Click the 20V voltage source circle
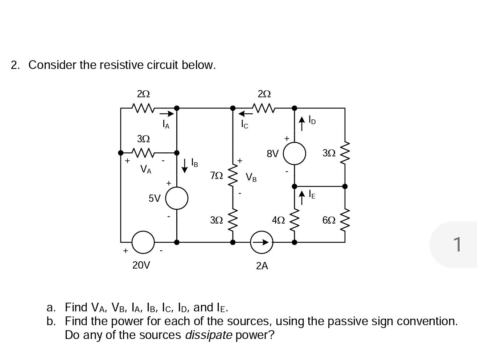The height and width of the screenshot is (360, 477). coord(143,242)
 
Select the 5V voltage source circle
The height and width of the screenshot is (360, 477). coord(177,198)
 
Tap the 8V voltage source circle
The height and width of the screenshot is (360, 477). coord(294,154)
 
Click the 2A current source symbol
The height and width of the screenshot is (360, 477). coord(262,242)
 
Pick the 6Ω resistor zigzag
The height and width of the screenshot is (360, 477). coord(345,220)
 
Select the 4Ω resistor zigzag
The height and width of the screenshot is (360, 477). coord(294,220)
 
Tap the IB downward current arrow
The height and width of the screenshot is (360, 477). coord(185,165)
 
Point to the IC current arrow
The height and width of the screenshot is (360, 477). coord(245,114)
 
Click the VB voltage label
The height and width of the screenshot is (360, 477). coord(251,177)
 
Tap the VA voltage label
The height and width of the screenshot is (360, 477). coord(146,169)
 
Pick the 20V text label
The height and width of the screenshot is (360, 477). coord(141,265)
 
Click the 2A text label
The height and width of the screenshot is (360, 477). coord(262,266)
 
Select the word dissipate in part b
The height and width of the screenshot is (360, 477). coord(209,335)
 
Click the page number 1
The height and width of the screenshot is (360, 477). coord(458,244)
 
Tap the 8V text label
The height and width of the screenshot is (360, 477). coord(273,154)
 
